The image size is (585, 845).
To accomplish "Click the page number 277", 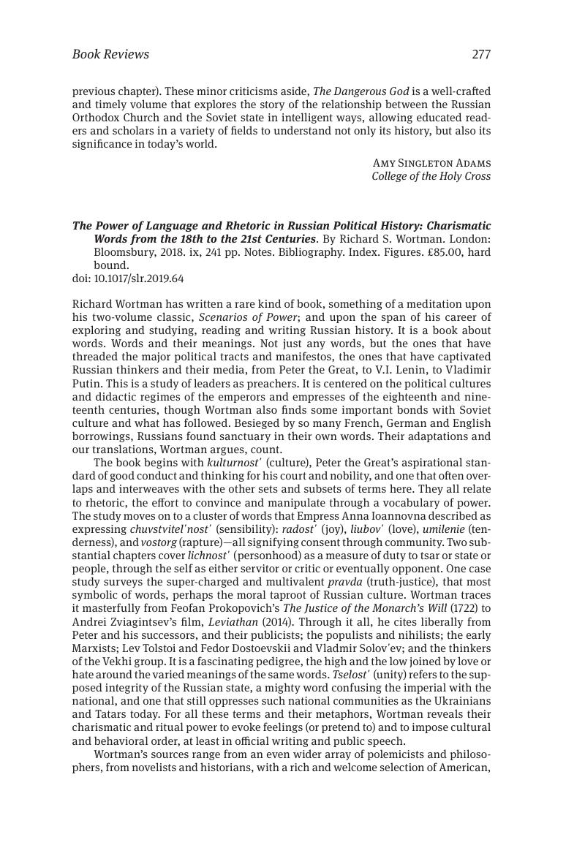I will click(x=481, y=54).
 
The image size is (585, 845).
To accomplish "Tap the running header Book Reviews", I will click(x=110, y=54).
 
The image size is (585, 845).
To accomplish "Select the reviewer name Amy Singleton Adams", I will click(x=431, y=163).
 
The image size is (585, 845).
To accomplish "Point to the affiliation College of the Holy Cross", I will click(x=431, y=176).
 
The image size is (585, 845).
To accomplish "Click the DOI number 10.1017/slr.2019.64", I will click(x=139, y=278).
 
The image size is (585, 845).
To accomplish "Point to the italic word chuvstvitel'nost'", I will click(x=170, y=528).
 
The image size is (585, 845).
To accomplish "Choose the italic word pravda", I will click(x=345, y=581).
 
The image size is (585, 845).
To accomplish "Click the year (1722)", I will click(x=460, y=607).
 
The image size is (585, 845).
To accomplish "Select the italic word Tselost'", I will click(x=350, y=675).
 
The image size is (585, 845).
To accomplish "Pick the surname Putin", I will click(x=87, y=370).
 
